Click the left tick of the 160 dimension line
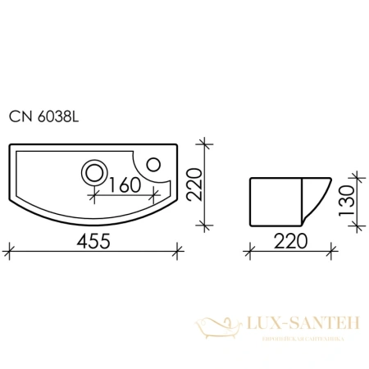[97, 198]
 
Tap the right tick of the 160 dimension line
[157, 198]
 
